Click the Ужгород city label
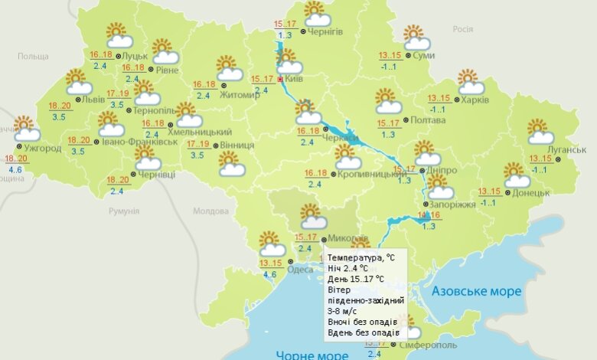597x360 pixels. [x=42, y=147]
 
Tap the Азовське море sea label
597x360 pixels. [x=476, y=291]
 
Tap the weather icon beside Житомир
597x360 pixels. [x=228, y=68]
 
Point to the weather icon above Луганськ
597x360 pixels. [x=540, y=132]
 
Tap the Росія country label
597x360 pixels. [x=462, y=29]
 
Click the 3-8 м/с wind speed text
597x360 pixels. [x=343, y=311]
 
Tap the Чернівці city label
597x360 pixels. [x=157, y=174]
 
